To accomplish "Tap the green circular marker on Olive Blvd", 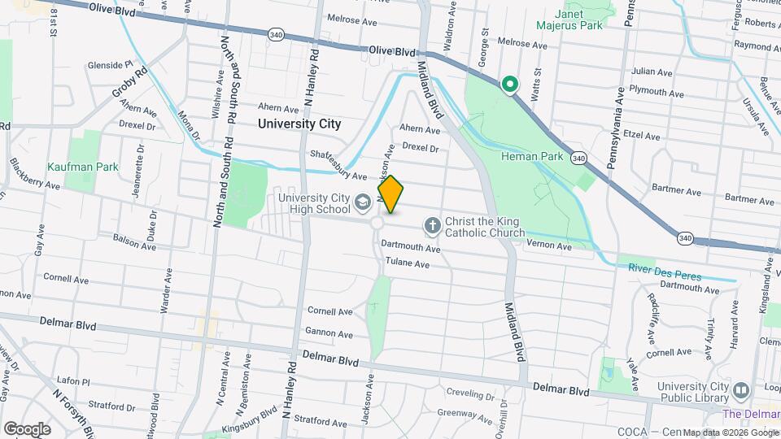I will coord(510,85).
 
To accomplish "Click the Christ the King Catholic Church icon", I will coord(432,224).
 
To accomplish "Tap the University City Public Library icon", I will coord(740,391).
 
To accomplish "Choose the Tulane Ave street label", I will coord(407,263).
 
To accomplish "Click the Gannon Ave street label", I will coord(329,333).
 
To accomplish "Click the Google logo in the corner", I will coord(26,429).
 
